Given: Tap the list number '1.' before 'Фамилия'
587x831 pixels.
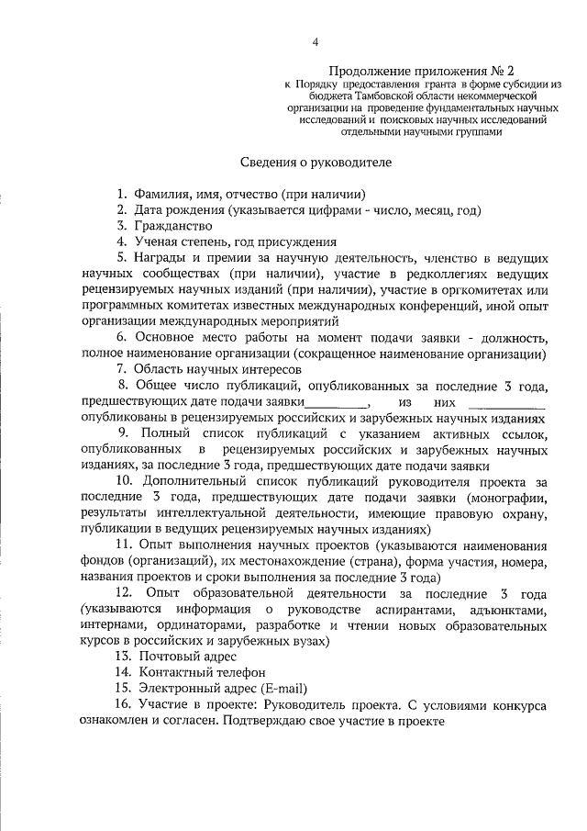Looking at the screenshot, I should pos(120,194).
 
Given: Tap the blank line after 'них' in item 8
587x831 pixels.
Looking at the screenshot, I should pos(506,402).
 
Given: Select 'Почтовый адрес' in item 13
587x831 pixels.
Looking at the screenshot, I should pos(174,657).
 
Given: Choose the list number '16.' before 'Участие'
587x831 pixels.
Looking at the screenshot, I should pos(121,704).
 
